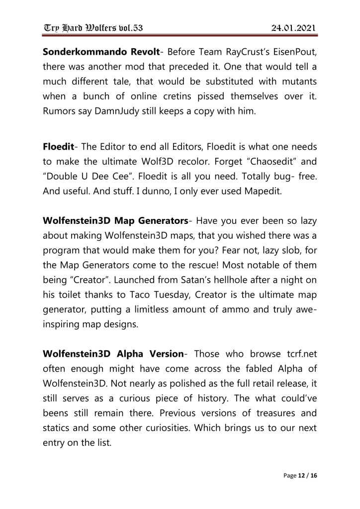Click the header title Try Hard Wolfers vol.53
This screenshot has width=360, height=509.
click(x=92, y=28)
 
